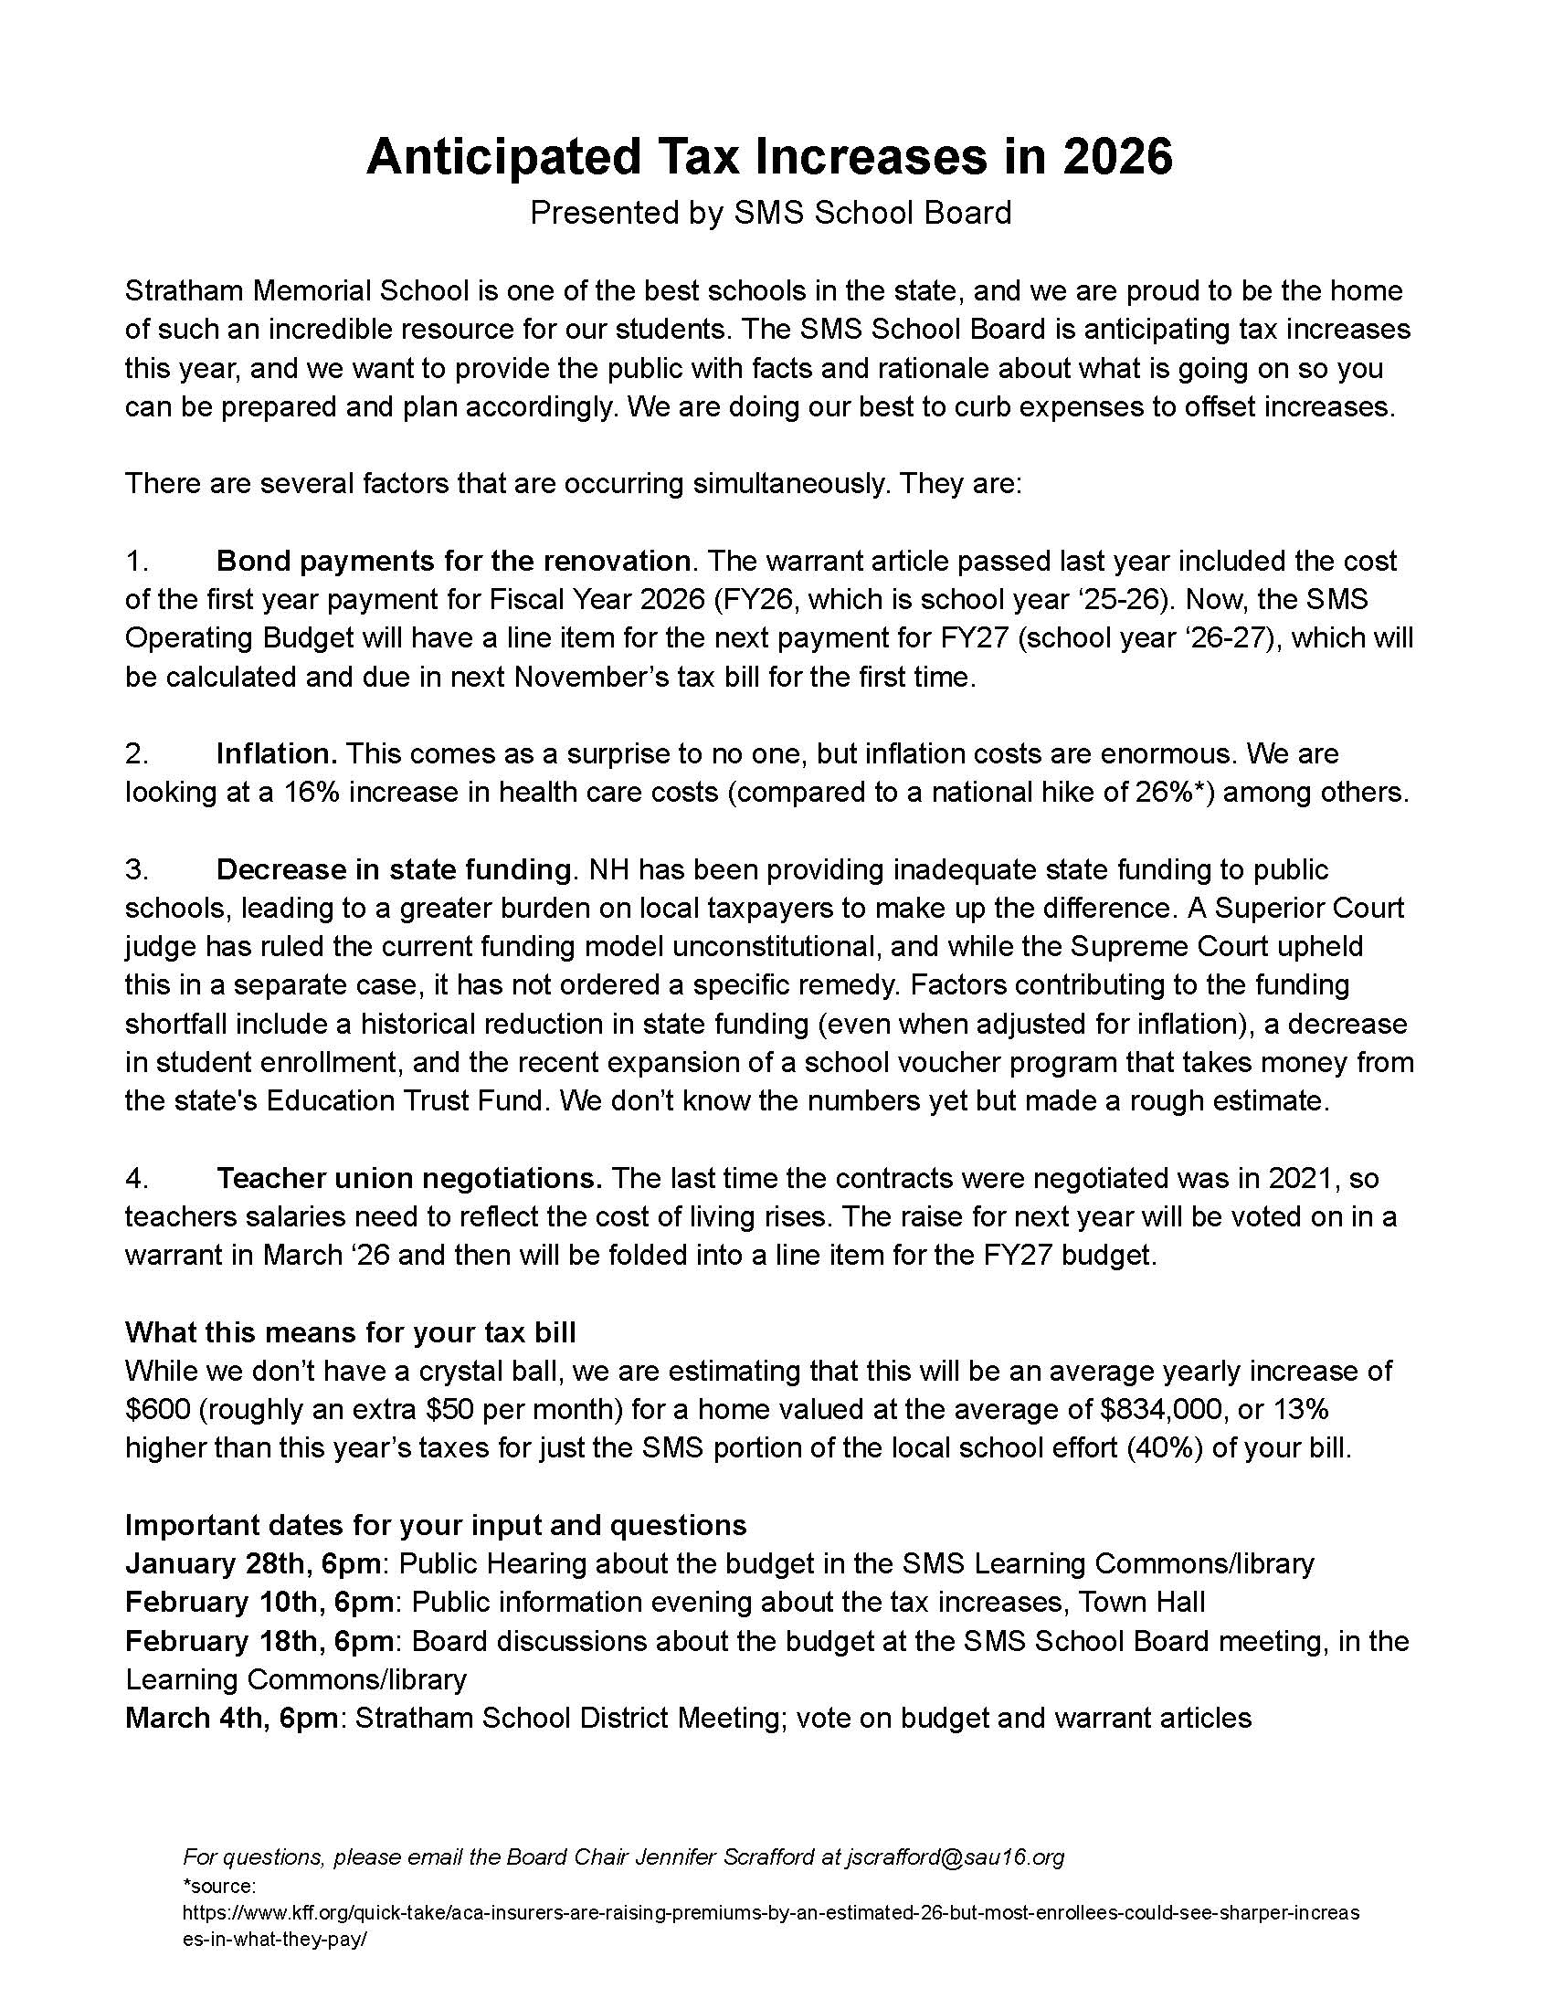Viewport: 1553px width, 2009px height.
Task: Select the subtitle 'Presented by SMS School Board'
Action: [x=770, y=213]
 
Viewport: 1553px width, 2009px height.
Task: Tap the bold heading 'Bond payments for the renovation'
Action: [x=452, y=560]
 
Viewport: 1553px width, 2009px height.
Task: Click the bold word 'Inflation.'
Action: [x=277, y=753]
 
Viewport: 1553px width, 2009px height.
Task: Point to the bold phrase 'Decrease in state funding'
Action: [x=394, y=869]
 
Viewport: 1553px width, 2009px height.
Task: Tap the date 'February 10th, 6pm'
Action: [x=261, y=1602]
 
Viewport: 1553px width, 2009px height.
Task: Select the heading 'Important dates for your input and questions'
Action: [x=435, y=1525]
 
